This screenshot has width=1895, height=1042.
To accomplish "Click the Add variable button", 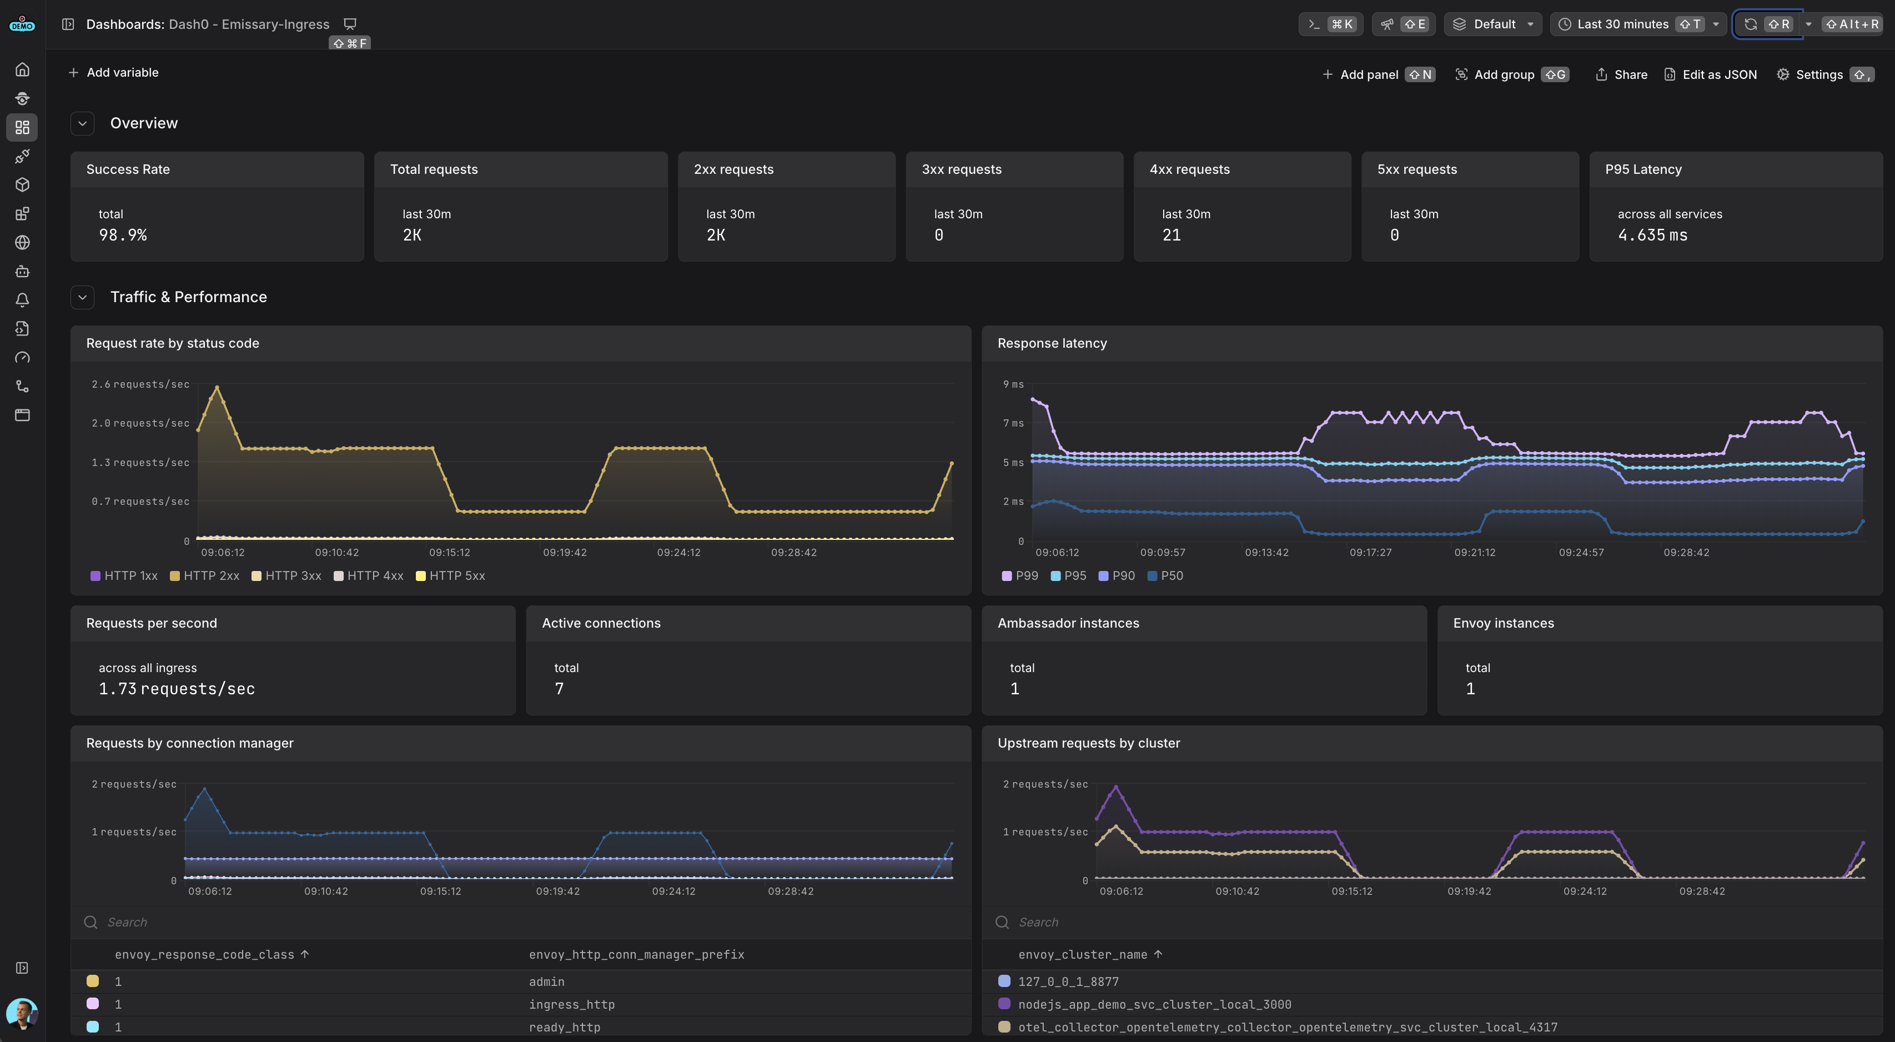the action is (113, 72).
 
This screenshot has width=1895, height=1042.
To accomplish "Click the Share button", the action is (1621, 74).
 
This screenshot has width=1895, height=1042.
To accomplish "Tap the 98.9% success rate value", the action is (123, 235).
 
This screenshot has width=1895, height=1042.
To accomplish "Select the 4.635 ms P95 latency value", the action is (1652, 235).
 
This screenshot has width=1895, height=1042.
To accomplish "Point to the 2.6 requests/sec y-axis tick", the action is (140, 384).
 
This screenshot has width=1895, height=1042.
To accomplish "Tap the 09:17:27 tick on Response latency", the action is (1370, 552).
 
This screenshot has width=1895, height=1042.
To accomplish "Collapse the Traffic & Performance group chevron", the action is (82, 297).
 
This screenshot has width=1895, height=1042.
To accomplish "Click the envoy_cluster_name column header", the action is (1082, 954).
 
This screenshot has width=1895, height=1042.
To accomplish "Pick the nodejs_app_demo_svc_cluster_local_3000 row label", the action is (1154, 1004).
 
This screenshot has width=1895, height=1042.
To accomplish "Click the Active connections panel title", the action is (601, 623).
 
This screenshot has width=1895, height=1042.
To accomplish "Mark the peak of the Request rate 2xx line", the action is (217, 387).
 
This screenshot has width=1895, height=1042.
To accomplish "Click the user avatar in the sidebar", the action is (22, 1013).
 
